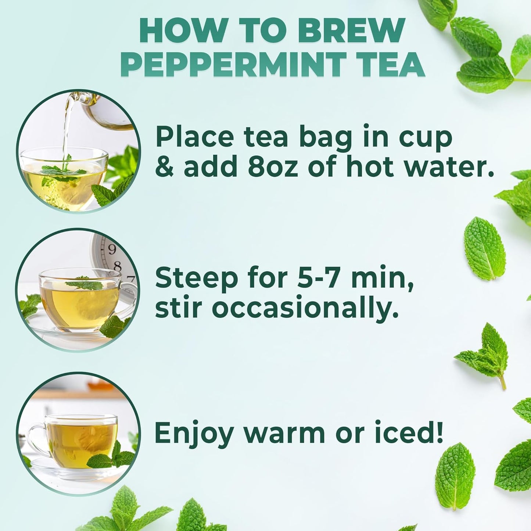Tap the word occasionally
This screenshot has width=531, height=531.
(x=305, y=309)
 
